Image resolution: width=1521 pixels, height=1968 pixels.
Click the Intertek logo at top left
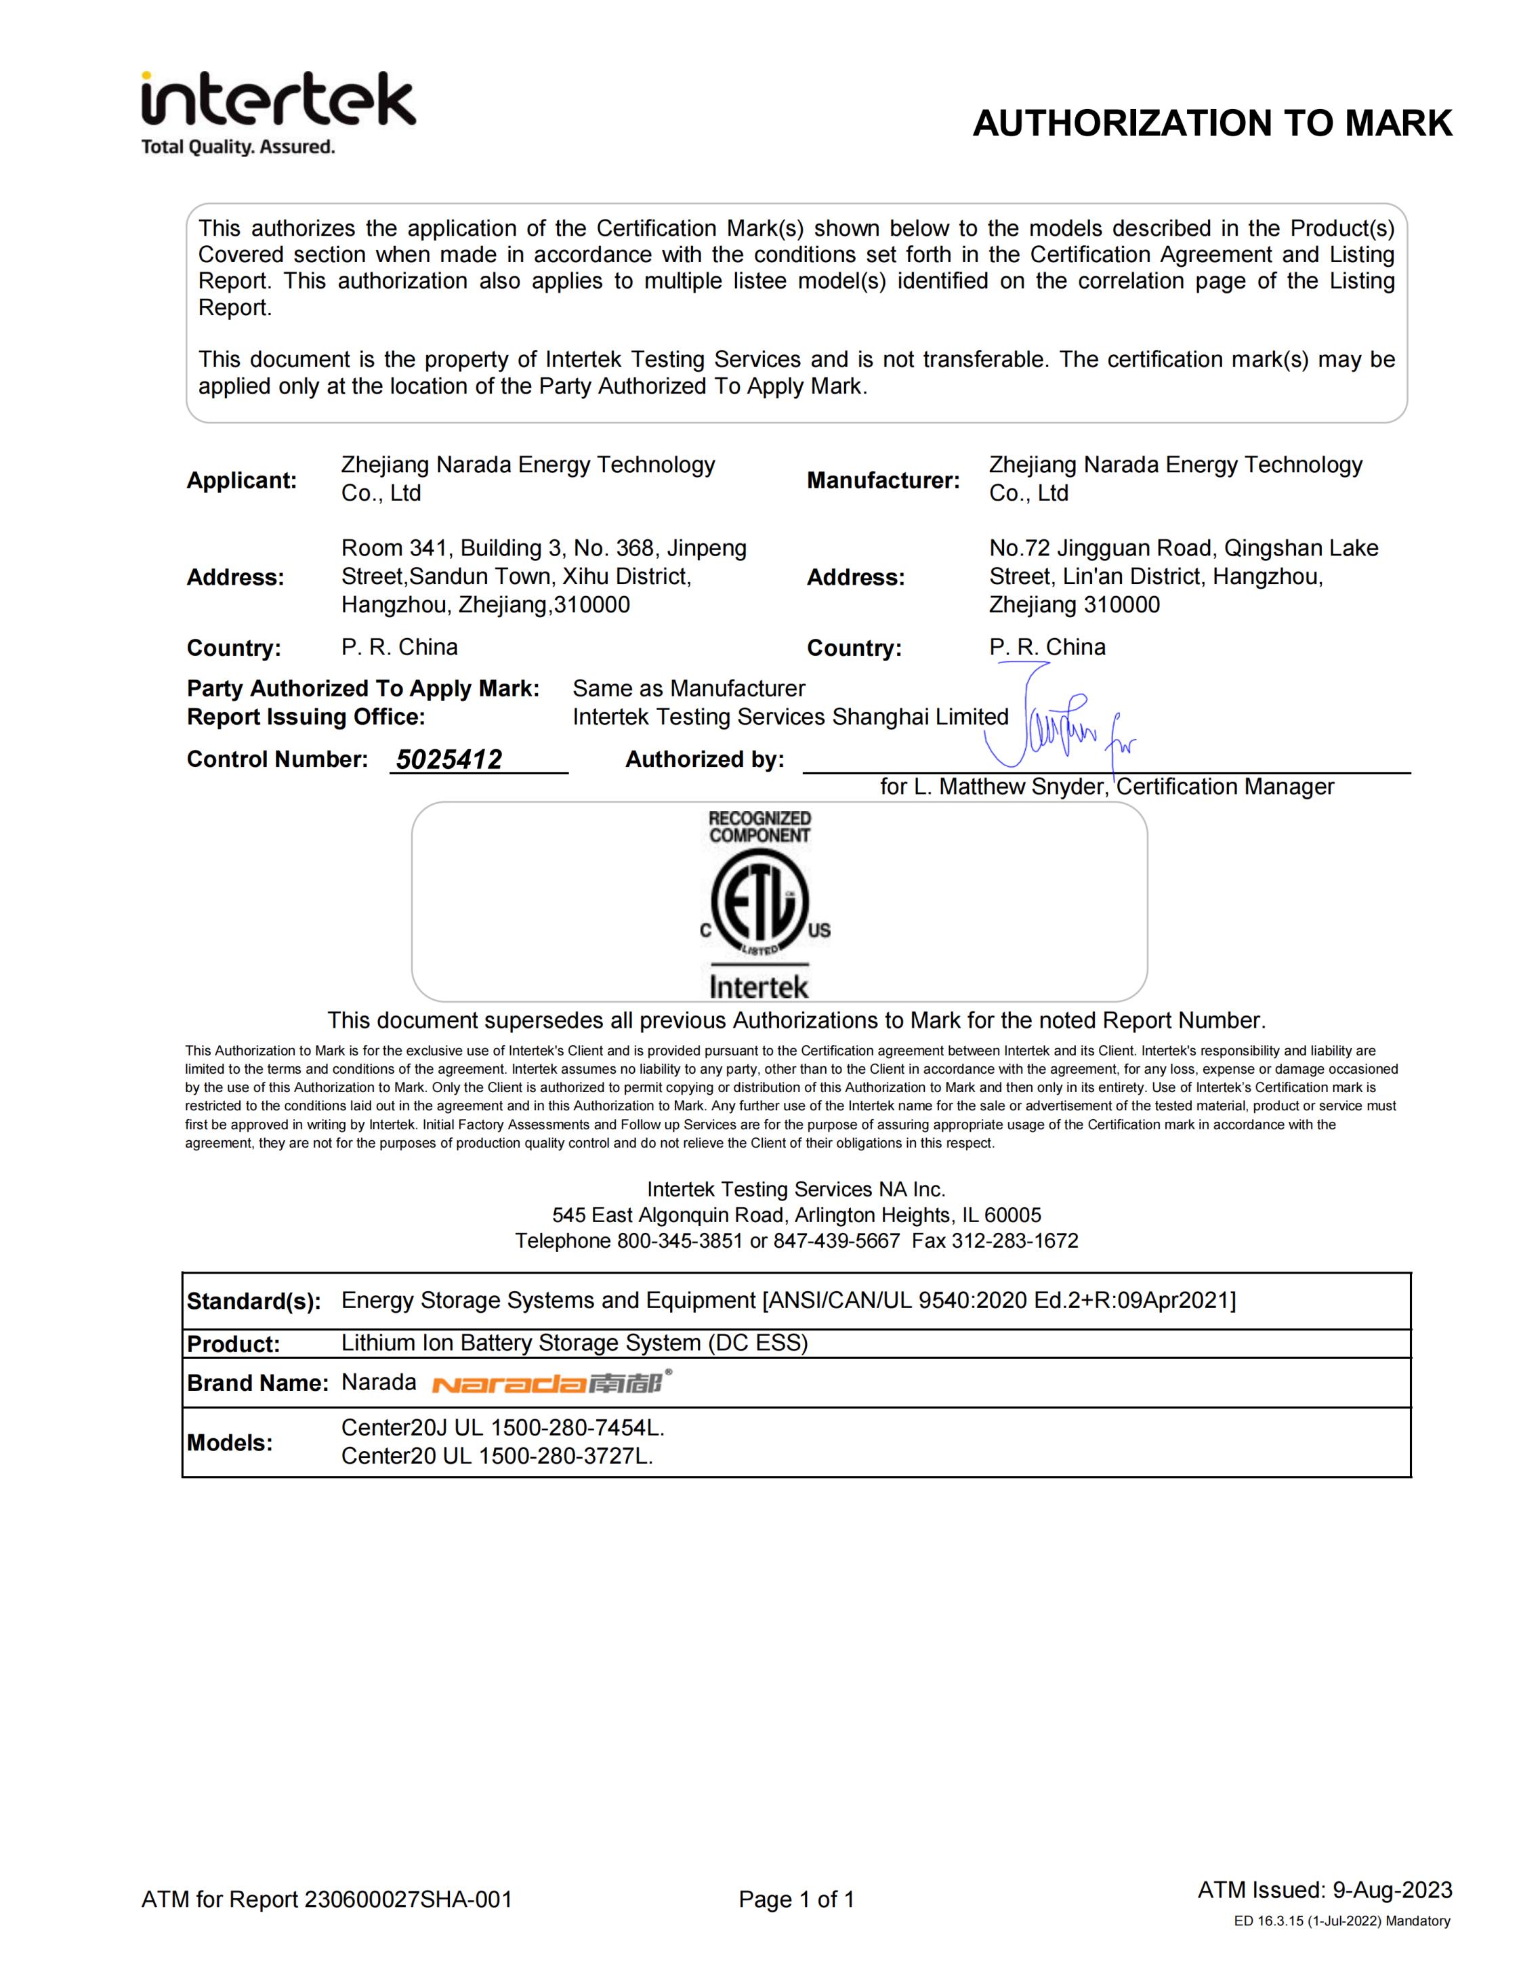[x=278, y=100]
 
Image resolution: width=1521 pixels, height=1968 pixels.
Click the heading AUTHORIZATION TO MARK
[x=1212, y=123]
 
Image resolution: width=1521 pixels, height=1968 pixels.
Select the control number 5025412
[x=449, y=759]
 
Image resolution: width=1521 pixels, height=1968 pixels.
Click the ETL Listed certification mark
[x=759, y=904]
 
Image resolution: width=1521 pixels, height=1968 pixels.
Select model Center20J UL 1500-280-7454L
[x=503, y=1428]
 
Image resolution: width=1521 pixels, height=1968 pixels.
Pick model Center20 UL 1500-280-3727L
[x=497, y=1456]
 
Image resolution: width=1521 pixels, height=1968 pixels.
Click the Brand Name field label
[x=257, y=1383]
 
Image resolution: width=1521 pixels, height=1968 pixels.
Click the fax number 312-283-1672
[x=1015, y=1241]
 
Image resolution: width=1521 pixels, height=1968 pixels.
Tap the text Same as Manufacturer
[x=688, y=688]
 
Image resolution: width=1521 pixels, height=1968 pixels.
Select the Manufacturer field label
[x=883, y=480]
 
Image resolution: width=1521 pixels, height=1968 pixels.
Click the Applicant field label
[x=241, y=480]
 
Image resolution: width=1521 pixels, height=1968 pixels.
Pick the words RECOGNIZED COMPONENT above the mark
[x=759, y=826]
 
